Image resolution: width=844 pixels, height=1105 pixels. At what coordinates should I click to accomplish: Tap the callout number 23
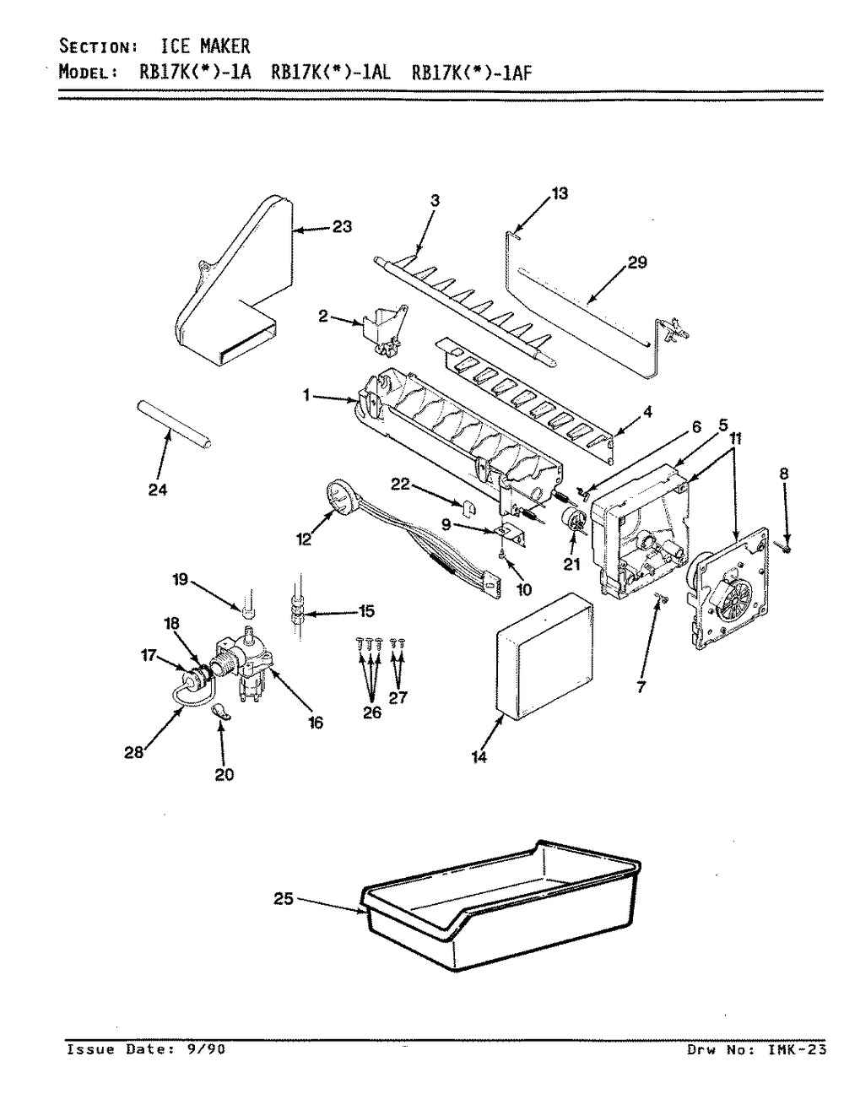coord(342,226)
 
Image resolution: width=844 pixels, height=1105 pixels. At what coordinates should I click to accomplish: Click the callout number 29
coord(636,264)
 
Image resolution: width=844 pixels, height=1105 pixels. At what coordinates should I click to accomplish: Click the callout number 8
coord(784,474)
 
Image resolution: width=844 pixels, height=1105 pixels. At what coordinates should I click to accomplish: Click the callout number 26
coord(372,712)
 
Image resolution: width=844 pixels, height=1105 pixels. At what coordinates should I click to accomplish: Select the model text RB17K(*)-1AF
coord(473,72)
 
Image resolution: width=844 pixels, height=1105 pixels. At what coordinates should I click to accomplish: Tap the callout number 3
coord(436,201)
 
